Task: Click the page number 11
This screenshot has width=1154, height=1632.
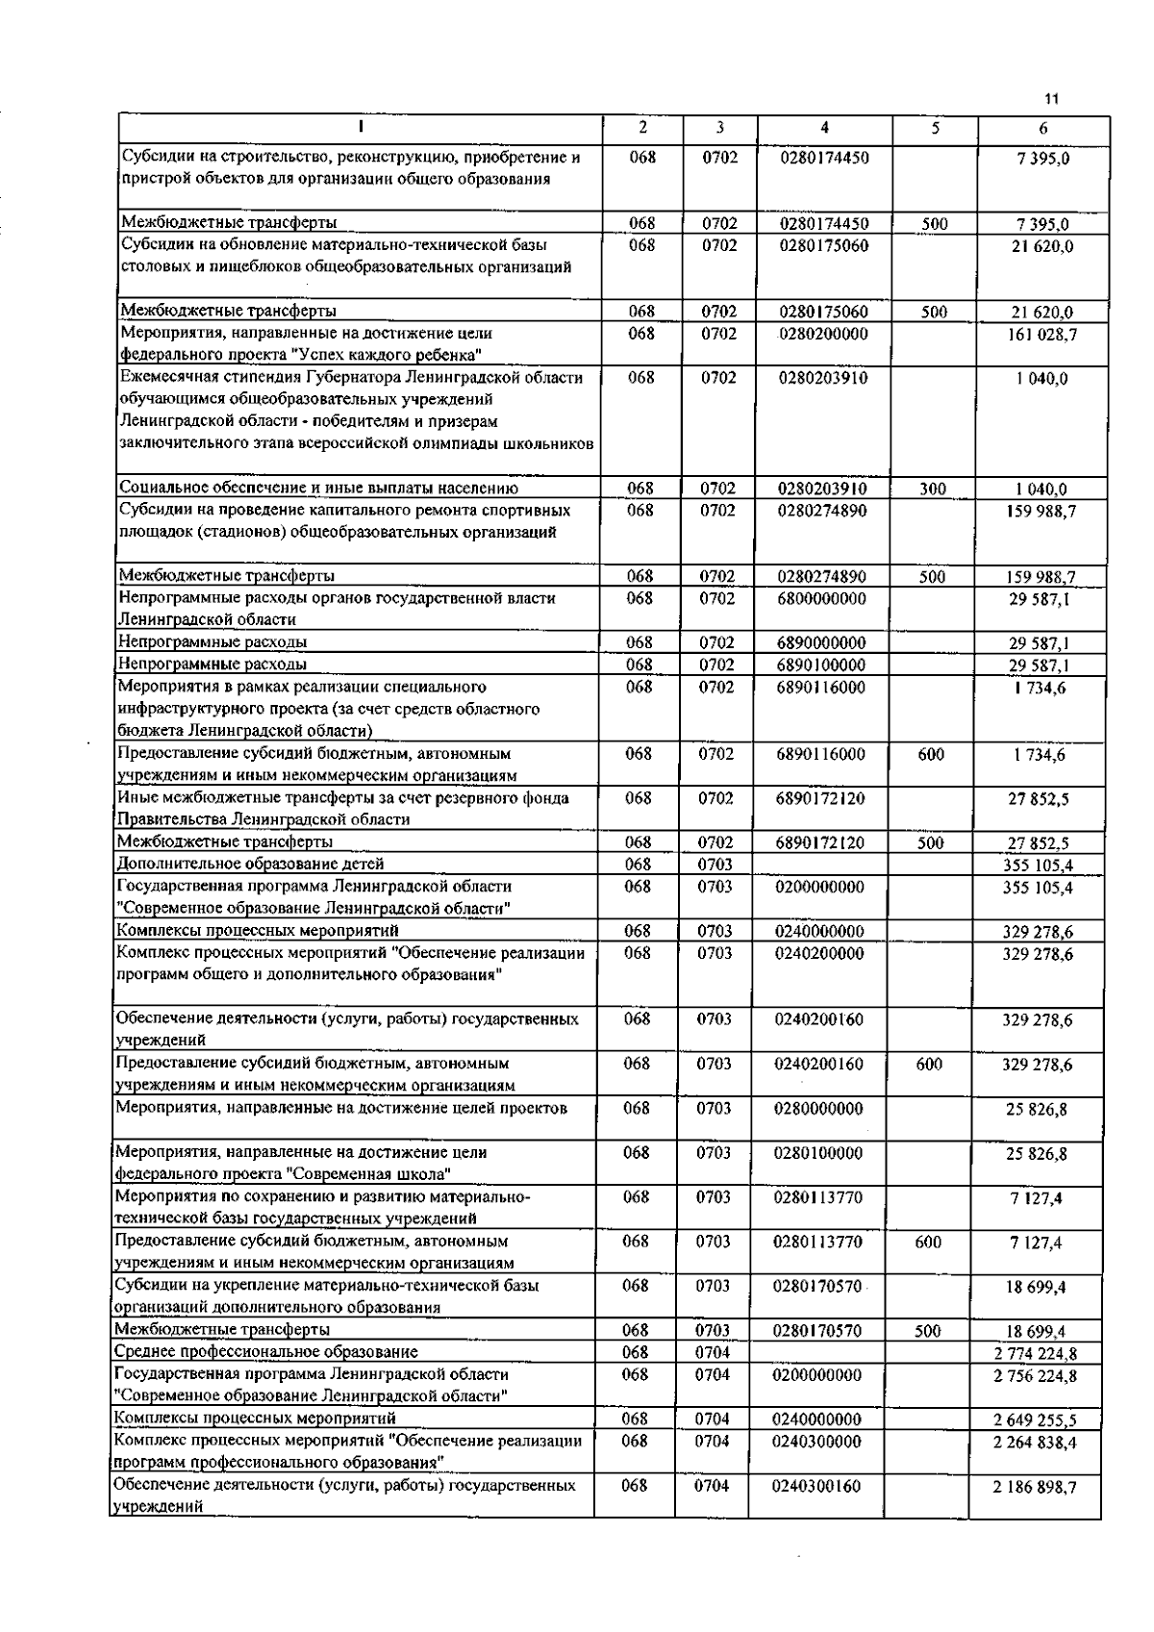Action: (x=1050, y=98)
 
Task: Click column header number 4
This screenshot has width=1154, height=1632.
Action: (x=824, y=127)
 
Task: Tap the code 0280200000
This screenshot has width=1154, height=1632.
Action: (x=823, y=334)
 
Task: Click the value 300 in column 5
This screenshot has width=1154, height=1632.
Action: (x=932, y=490)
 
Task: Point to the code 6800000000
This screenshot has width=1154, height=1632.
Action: (x=822, y=598)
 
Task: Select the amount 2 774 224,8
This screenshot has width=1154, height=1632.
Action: (x=1035, y=1354)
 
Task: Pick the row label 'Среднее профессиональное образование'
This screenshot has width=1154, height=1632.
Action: (x=266, y=1353)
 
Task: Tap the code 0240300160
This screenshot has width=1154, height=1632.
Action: (x=816, y=1486)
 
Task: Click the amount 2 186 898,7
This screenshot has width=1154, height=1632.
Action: (x=1035, y=1487)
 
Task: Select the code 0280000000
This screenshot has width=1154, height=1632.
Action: (x=818, y=1109)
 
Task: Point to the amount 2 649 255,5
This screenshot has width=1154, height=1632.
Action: (x=1035, y=1419)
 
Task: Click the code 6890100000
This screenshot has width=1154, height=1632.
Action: (x=821, y=665)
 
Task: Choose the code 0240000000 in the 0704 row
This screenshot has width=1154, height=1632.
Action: (x=817, y=1419)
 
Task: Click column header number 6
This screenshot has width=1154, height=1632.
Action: (x=1042, y=128)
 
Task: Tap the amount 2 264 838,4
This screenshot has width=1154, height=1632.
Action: (x=1035, y=1442)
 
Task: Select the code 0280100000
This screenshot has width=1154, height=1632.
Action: (x=817, y=1153)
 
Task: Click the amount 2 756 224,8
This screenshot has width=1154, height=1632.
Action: (x=1035, y=1376)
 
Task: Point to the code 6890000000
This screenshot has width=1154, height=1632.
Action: (x=821, y=642)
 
